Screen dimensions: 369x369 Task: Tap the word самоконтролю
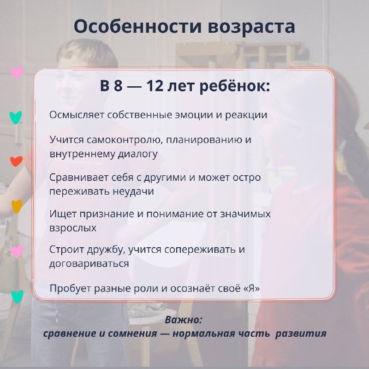point(117,139)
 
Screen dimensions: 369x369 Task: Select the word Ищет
point(61,214)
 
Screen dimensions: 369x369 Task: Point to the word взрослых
point(73,228)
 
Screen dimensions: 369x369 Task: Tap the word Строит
point(64,250)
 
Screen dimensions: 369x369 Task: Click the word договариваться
point(89,263)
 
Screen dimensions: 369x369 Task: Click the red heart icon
point(16,161)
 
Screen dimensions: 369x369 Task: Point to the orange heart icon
point(17,206)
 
